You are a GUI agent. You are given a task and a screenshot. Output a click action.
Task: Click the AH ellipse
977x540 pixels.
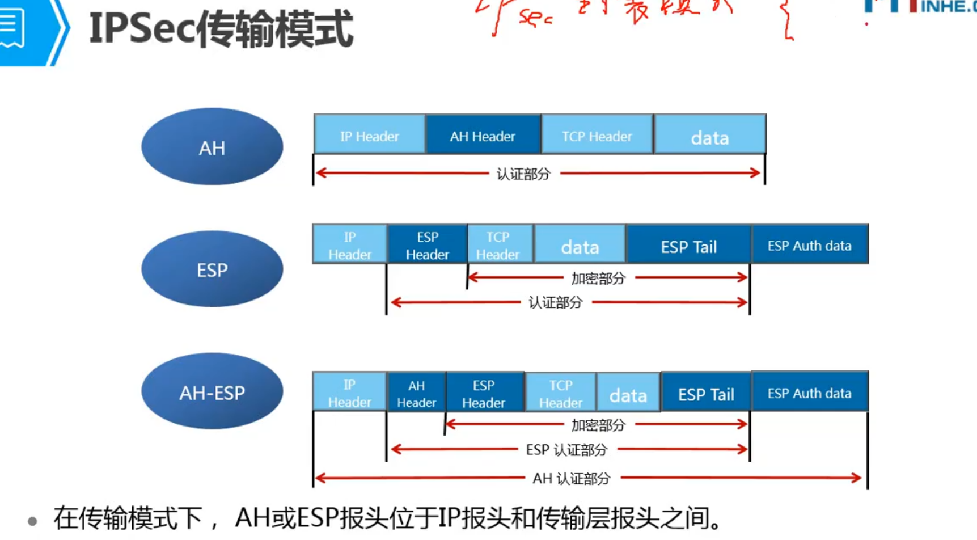pyautogui.click(x=212, y=147)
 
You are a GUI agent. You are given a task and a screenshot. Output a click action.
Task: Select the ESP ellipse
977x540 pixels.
pyautogui.click(x=212, y=269)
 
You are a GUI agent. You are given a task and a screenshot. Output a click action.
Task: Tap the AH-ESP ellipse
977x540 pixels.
pyautogui.click(x=212, y=392)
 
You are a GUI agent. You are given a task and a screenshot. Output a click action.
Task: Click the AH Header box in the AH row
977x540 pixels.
pyautogui.click(x=483, y=135)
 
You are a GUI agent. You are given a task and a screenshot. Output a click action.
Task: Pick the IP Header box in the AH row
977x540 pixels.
pyautogui.click(x=369, y=135)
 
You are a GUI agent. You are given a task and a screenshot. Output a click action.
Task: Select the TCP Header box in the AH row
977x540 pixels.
pyautogui.click(x=597, y=135)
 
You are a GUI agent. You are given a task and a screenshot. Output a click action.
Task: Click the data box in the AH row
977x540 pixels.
pyautogui.click(x=710, y=135)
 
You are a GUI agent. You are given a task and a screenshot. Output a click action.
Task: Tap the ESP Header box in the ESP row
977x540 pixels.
pyautogui.click(x=427, y=245)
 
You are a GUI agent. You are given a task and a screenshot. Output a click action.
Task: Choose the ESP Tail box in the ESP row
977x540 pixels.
pyautogui.click(x=688, y=245)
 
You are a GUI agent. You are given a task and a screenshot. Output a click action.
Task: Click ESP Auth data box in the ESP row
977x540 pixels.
pyautogui.click(x=809, y=245)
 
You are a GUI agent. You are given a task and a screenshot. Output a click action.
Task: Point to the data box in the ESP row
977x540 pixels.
pyautogui.click(x=580, y=245)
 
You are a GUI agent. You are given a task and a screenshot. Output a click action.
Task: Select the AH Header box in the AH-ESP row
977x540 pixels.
pyautogui.click(x=416, y=393)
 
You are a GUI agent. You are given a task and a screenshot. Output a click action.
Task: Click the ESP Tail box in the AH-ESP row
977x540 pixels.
pyautogui.click(x=706, y=393)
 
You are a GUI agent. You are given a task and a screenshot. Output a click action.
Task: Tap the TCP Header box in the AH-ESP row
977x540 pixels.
pyautogui.click(x=560, y=393)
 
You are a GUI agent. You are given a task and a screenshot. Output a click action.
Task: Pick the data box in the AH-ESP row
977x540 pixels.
pyautogui.click(x=628, y=393)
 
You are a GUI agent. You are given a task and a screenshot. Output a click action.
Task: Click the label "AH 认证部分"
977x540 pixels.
pyautogui.click(x=571, y=479)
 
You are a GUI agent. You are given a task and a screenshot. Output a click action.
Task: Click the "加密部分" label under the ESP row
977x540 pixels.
pyautogui.click(x=598, y=279)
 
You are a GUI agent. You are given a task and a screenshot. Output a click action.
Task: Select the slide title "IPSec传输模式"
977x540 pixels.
pyautogui.click(x=221, y=29)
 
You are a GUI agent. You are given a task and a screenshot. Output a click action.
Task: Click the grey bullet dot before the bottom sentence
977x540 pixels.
pyautogui.click(x=32, y=521)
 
